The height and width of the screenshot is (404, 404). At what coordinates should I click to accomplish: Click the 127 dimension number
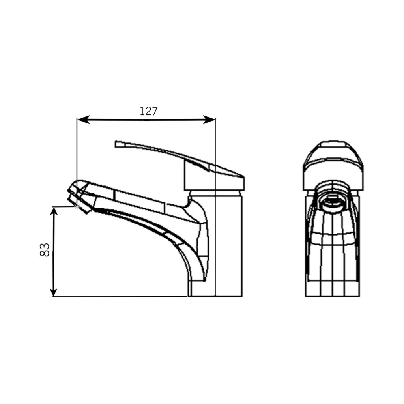click(148, 111)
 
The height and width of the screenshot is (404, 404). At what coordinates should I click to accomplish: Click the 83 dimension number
click(45, 250)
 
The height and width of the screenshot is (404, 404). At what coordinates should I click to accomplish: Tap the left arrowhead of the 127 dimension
click(83, 120)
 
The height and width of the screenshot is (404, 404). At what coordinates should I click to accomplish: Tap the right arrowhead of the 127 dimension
click(209, 120)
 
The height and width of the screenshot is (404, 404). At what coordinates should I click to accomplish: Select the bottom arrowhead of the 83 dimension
click(53, 292)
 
